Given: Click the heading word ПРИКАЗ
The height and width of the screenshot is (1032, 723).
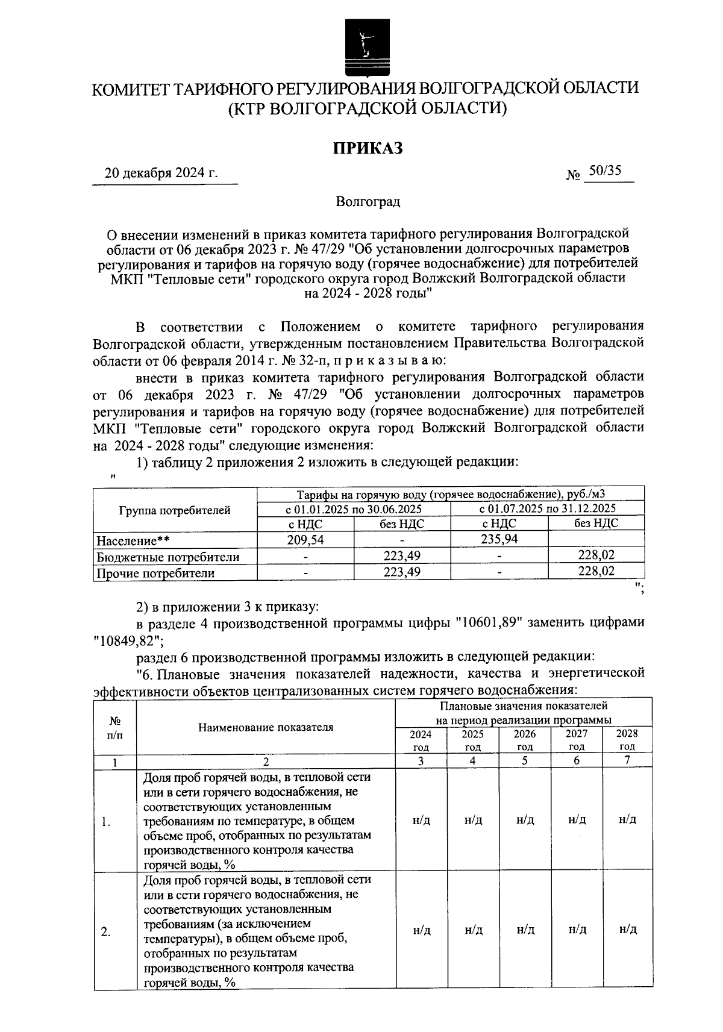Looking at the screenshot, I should pos(368,148).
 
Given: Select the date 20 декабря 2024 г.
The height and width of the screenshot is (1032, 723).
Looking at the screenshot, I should pos(161,174).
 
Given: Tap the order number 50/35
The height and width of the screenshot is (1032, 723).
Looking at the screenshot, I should pos(605,171).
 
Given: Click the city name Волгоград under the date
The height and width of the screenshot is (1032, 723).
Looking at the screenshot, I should pos(368,202).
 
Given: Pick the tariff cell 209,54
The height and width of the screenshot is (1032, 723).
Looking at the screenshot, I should pos(305,540).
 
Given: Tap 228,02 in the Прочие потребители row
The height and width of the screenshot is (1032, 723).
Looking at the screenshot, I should pos(596,571).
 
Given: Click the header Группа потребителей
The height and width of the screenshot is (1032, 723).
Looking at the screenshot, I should pos(175,510).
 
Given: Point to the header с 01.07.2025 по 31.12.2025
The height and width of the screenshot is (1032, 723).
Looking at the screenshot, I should pos(547,508).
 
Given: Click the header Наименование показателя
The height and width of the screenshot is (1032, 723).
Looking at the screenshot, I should pos(266,727).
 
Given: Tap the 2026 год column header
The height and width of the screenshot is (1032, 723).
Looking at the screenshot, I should pos(525,740).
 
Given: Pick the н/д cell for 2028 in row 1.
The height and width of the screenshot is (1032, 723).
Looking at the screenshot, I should pos(628,819).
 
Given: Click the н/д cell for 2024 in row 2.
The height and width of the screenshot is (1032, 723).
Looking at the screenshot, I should pos(422,930).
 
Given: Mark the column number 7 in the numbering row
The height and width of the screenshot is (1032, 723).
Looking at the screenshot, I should pos(627,760).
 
